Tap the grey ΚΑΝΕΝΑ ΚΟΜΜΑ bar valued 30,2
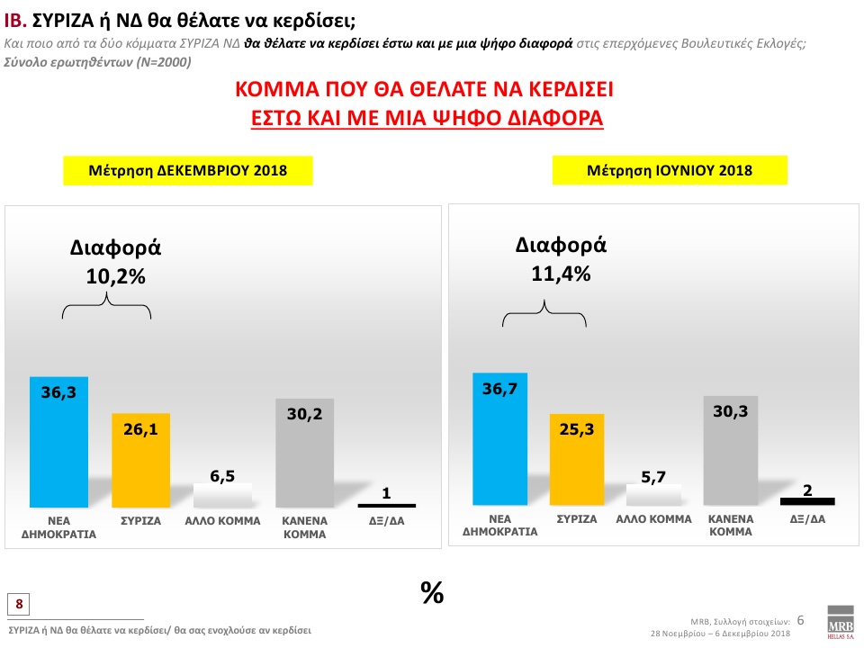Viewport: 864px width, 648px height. [304, 454]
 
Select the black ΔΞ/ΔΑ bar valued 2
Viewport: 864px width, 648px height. [808, 501]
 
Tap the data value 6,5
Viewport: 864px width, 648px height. [222, 474]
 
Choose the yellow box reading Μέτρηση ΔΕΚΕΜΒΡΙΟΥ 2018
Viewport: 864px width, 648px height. [187, 170]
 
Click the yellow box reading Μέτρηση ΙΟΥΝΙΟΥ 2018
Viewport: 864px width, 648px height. [669, 169]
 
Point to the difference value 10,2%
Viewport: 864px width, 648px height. [115, 278]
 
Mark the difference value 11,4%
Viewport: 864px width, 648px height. [561, 274]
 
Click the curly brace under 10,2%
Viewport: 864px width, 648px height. [107, 309]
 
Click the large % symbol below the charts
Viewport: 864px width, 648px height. [432, 591]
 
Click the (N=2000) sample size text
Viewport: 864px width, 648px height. [161, 62]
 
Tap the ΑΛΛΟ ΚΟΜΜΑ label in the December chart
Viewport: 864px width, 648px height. [222, 521]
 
